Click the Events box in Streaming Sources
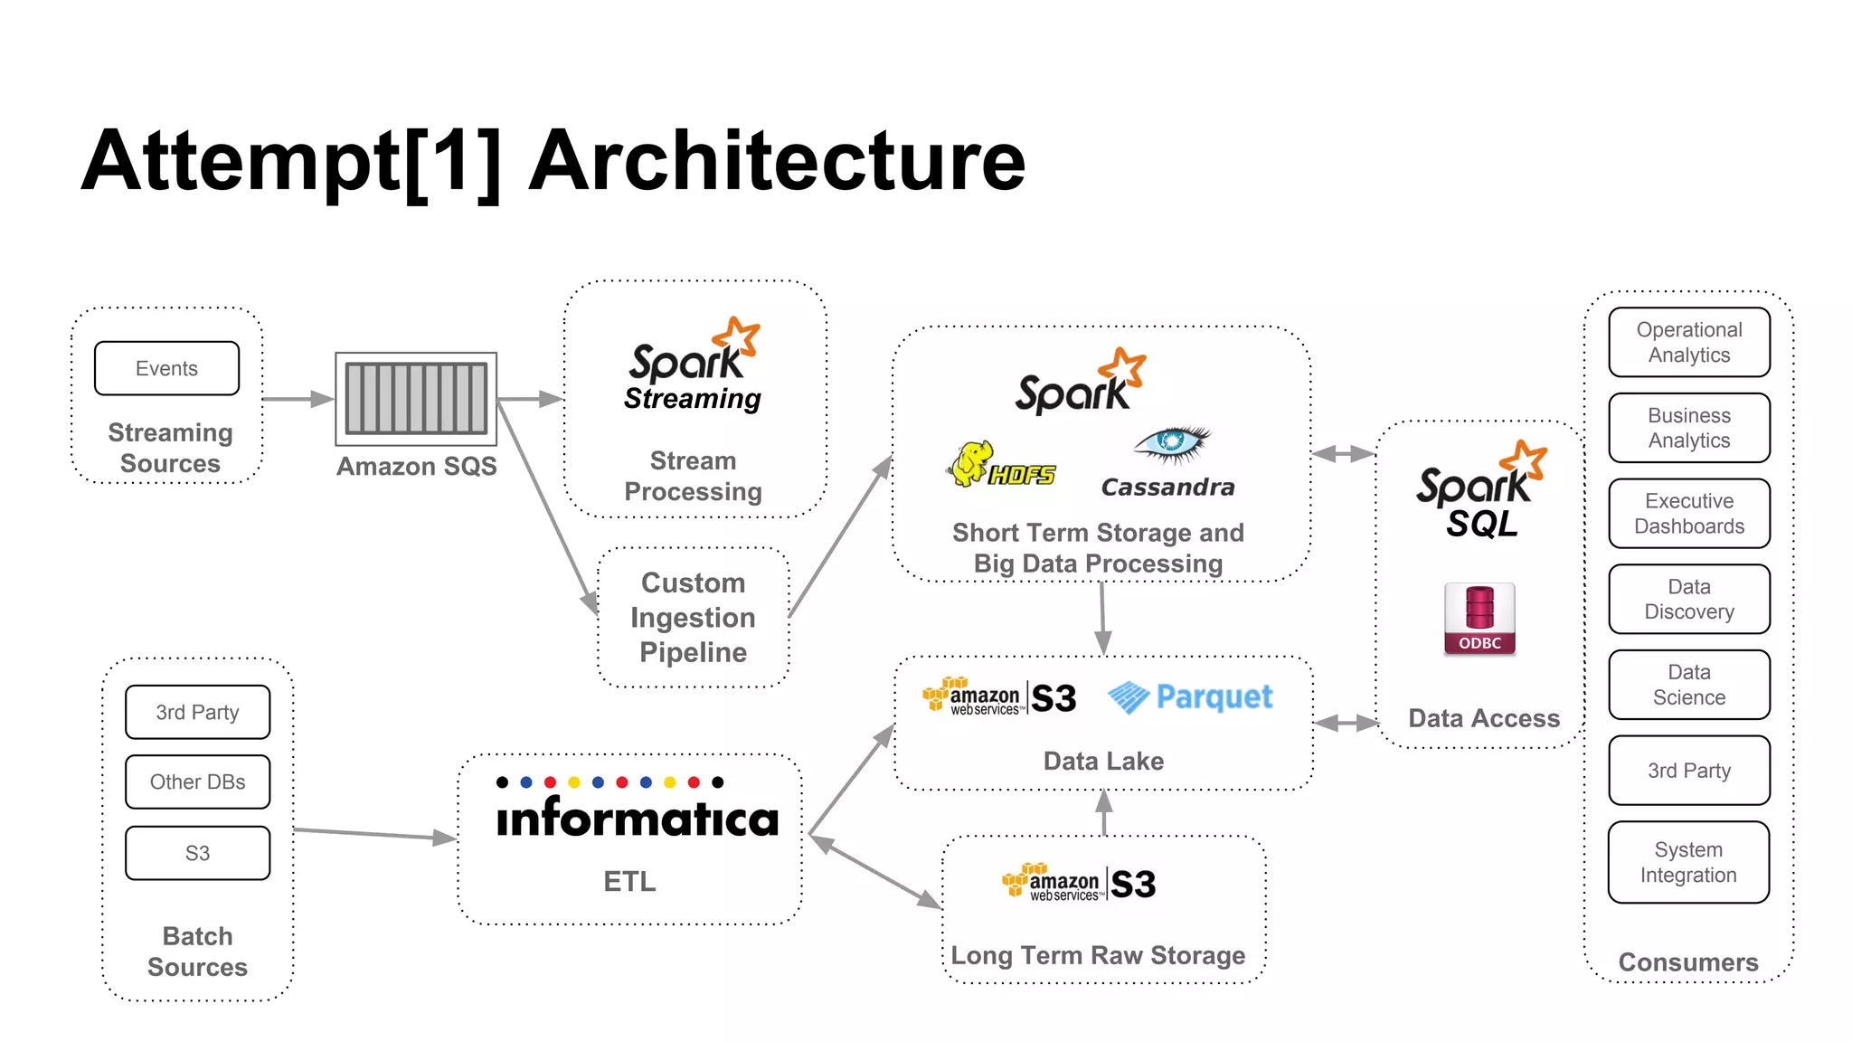pyautogui.click(x=166, y=368)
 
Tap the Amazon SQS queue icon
pyautogui.click(x=416, y=399)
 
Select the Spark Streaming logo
pyautogui.click(x=693, y=366)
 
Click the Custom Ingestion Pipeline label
pyautogui.click(x=693, y=618)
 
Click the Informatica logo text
pyautogui.click(x=637, y=817)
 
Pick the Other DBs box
pyautogui.click(x=197, y=781)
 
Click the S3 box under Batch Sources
pyautogui.click(x=197, y=853)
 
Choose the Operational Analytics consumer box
pyautogui.click(x=1688, y=342)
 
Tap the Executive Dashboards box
pyautogui.click(x=1688, y=513)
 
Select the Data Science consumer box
pyautogui.click(x=1688, y=685)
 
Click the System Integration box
pyautogui.click(x=1688, y=862)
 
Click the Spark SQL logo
pyautogui.click(x=1481, y=493)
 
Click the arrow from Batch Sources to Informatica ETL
pyautogui.click(x=375, y=834)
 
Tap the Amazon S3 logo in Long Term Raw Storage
pyautogui.click(x=1079, y=883)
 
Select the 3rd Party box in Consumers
pyautogui.click(x=1688, y=771)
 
